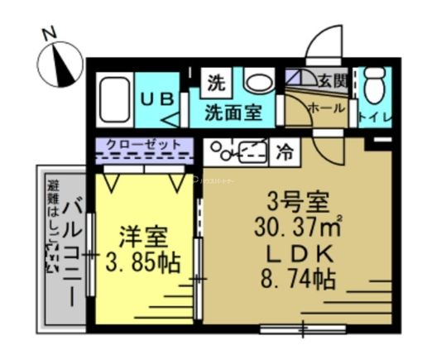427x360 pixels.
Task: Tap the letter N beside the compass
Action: click(x=49, y=34)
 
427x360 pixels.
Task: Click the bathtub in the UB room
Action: click(x=115, y=99)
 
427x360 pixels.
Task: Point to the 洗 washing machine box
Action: click(x=215, y=82)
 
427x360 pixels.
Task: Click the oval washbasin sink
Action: click(x=259, y=83)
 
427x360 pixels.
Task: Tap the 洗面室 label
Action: click(x=234, y=113)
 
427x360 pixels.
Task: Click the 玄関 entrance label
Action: click(x=333, y=80)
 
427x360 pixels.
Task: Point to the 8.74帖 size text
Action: click(x=298, y=279)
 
